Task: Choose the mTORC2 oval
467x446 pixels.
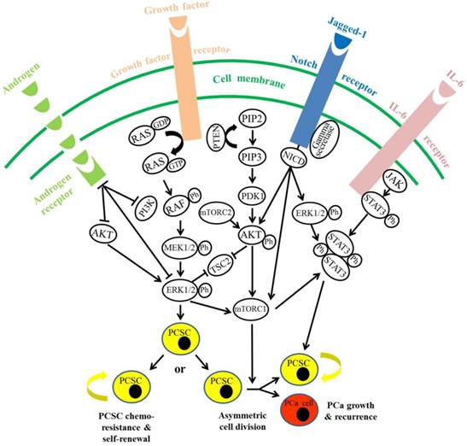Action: [x=215, y=232]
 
